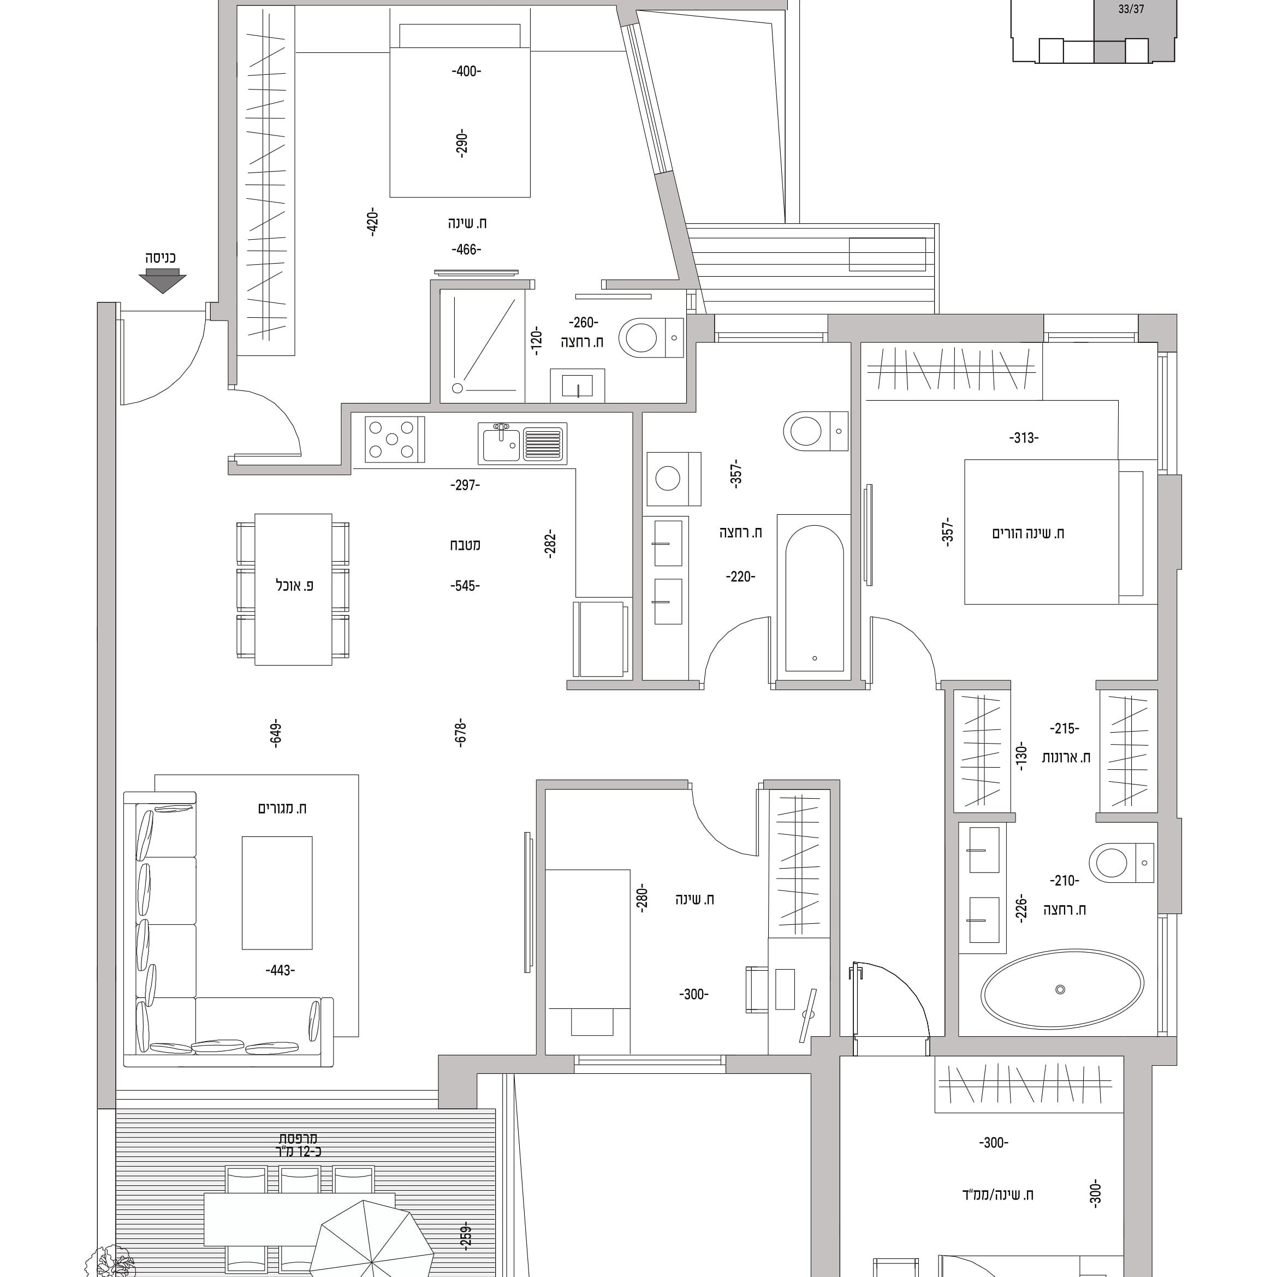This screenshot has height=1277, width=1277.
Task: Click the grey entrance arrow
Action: click(163, 283)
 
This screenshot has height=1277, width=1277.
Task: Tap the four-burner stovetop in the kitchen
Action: click(394, 439)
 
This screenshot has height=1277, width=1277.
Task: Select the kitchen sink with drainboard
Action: click(522, 443)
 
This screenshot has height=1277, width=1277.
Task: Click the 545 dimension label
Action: click(465, 586)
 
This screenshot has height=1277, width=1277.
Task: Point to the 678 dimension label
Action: click(461, 733)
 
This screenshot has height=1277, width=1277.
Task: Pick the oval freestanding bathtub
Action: click(1061, 989)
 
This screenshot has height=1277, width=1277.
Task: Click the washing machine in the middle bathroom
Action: click(674, 479)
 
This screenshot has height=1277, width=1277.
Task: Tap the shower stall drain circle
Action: click(458, 388)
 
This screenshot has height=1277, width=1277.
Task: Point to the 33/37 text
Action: click(1131, 10)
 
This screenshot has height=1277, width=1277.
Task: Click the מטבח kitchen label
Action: click(465, 545)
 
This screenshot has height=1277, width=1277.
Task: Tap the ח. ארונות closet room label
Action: click(1066, 757)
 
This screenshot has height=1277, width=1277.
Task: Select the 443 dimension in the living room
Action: click(280, 970)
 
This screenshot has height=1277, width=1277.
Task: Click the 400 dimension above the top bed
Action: click(467, 72)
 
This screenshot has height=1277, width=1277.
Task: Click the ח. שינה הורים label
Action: click(1028, 533)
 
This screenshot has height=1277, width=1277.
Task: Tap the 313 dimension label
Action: click(1024, 437)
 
